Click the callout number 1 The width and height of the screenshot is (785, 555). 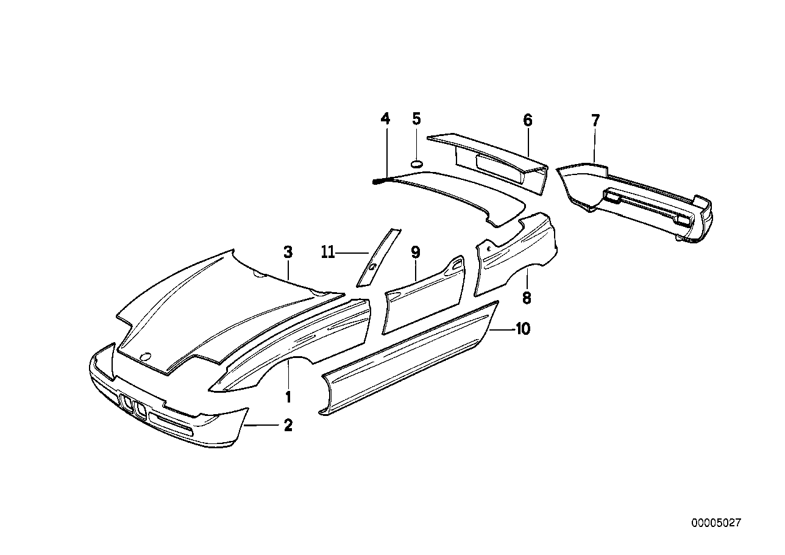point(288,397)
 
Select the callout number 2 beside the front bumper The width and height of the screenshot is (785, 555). point(288,425)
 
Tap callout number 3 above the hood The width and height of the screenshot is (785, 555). point(288,251)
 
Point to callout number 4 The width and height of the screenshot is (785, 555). point(385,118)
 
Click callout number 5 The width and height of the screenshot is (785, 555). point(416,118)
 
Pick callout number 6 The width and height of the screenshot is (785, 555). point(527,120)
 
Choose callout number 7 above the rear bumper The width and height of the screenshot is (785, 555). point(595,120)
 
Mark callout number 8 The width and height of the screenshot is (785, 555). point(527,298)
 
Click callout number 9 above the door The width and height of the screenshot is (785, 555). point(415,251)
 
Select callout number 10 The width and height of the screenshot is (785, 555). point(522,329)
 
